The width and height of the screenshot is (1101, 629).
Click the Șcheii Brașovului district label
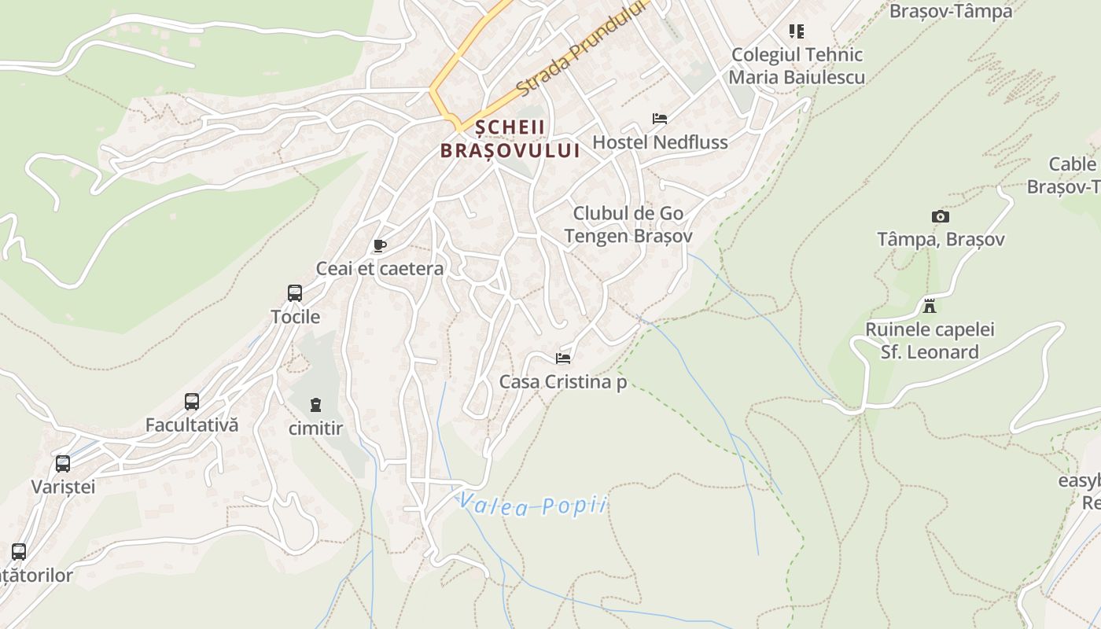pos(510,138)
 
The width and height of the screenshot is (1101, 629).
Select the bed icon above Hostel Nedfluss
pos(660,119)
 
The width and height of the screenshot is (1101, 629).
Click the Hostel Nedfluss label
pos(660,142)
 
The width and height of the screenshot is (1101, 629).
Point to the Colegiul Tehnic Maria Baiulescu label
pos(797,66)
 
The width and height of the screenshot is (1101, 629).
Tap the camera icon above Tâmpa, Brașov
pos(940,216)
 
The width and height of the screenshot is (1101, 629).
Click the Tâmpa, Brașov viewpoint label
pos(941,239)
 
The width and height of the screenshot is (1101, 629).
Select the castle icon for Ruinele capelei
pos(930,305)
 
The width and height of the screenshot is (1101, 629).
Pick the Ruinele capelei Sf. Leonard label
pos(930,340)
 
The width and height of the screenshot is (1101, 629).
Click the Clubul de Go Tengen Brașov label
pos(628,225)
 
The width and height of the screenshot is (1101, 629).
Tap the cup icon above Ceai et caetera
pos(380,246)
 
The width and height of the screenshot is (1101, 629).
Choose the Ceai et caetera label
pos(380,269)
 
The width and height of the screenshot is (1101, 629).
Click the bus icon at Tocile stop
pos(295,293)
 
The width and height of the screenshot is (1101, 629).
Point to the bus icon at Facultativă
pos(192,402)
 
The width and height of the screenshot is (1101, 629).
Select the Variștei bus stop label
pos(63,487)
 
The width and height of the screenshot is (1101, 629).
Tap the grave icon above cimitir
pos(315,405)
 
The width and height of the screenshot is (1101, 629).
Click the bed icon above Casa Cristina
pos(563,359)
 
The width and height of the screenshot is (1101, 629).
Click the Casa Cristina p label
pos(563,383)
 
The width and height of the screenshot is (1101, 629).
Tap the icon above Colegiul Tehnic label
pos(797,31)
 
